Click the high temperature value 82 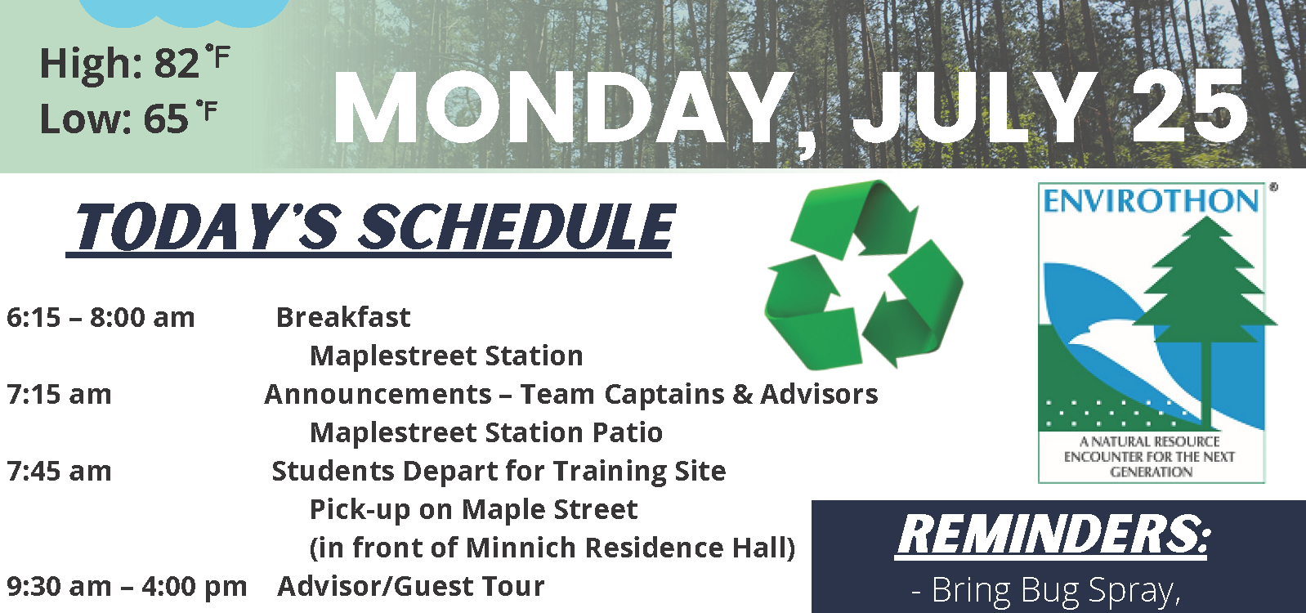[x=176, y=63]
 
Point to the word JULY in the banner [x=973, y=110]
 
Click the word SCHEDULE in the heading [x=516, y=227]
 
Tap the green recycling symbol [x=864, y=274]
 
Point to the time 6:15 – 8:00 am [x=101, y=318]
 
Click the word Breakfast [x=343, y=318]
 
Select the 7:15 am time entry [x=59, y=395]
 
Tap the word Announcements [x=378, y=395]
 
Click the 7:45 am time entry [x=59, y=472]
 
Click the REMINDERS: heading [x=1052, y=535]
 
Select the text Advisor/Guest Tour [x=411, y=587]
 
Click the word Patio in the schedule [x=628, y=432]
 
